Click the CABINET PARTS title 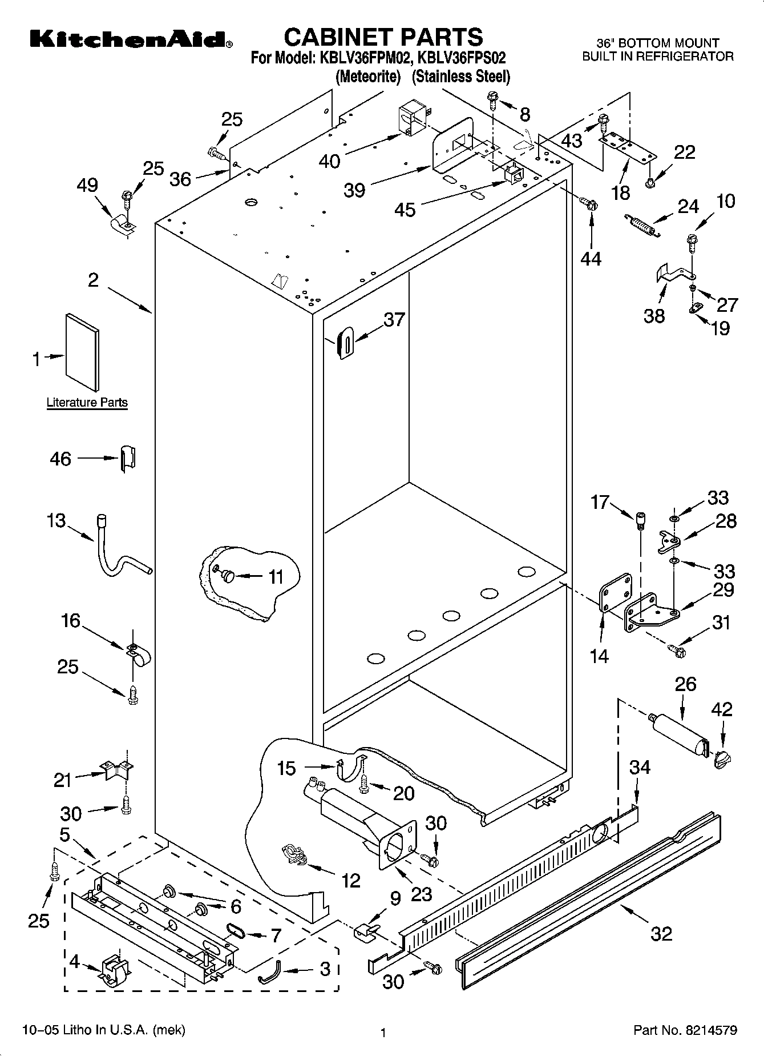[x=383, y=37]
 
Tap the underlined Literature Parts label [x=87, y=403]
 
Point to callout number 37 [x=394, y=320]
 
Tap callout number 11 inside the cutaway [x=276, y=577]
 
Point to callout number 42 [x=722, y=709]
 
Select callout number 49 [x=88, y=186]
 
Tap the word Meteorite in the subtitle [x=368, y=76]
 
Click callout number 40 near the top [x=330, y=161]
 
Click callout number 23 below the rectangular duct [x=421, y=894]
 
